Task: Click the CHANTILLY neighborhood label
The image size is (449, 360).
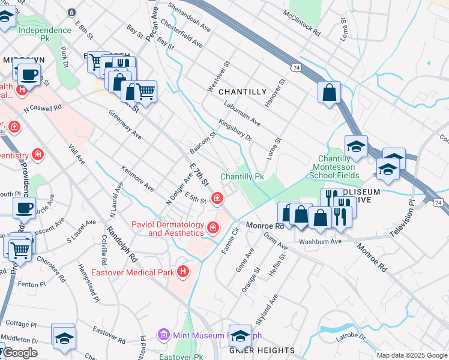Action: [242, 92]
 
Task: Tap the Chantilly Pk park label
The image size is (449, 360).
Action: [242, 177]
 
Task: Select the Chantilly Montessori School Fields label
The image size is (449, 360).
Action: [336, 167]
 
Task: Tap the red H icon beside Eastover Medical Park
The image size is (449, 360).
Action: [184, 272]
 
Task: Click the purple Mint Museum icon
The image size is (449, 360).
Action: [161, 334]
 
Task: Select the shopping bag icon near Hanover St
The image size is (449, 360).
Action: [330, 93]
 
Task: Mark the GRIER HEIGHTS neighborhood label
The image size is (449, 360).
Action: [262, 350]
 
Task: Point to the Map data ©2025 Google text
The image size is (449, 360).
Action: [412, 355]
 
